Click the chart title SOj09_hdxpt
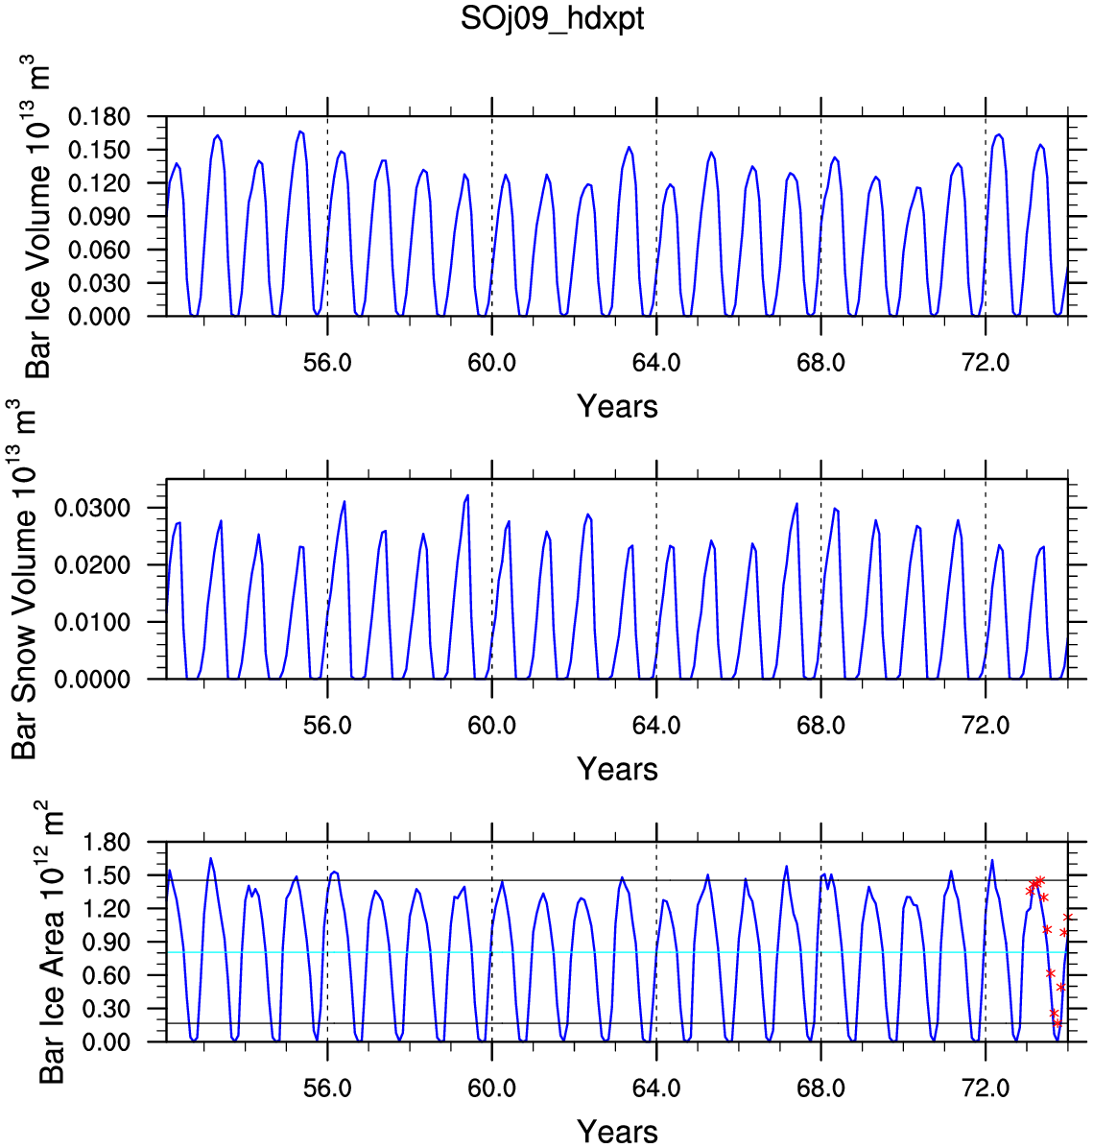click(552, 19)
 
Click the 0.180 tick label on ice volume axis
click(99, 116)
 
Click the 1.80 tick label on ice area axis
click(107, 842)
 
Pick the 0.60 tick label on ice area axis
click(107, 975)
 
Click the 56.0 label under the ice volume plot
click(327, 362)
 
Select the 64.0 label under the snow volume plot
click(656, 725)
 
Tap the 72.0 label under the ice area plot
click(986, 1088)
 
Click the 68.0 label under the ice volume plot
click(820, 362)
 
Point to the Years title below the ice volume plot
click(617, 406)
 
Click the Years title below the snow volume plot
click(617, 770)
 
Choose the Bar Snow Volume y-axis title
click(24, 579)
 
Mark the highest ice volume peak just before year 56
click(300, 132)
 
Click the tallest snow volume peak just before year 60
click(467, 495)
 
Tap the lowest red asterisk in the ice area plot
click(1057, 1023)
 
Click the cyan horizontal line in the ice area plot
click(617, 952)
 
